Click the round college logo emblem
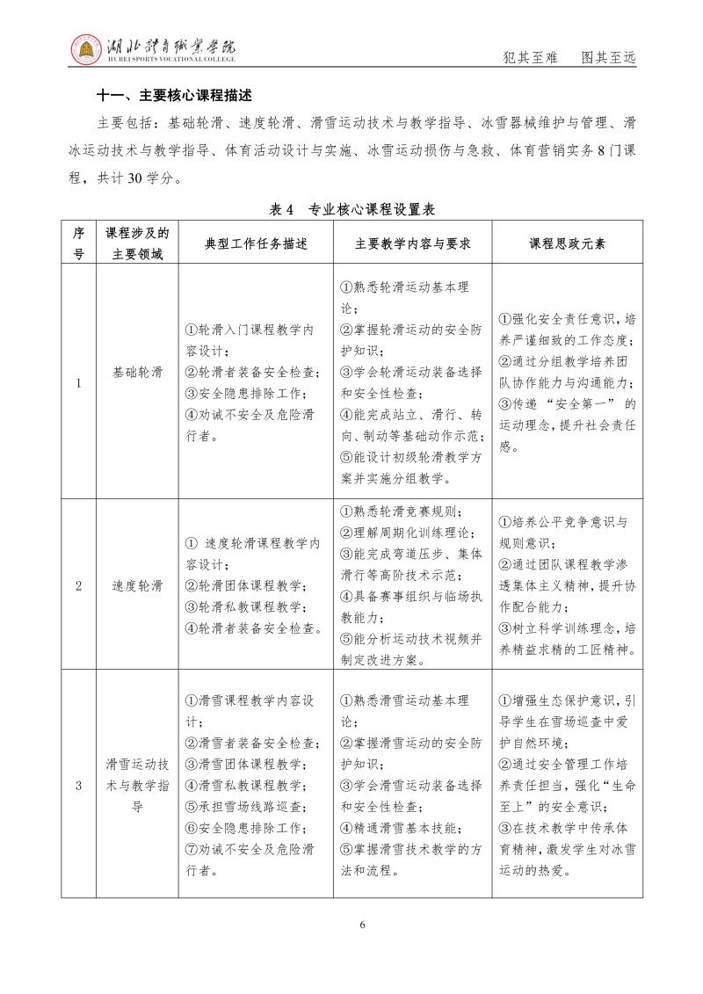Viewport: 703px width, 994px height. (85, 49)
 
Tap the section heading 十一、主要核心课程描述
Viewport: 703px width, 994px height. (173, 94)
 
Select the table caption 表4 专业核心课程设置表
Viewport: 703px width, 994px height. (351, 209)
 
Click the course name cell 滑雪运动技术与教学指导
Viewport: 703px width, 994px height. (137, 786)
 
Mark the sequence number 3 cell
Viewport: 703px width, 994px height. (78, 786)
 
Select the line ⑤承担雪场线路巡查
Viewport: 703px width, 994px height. (245, 807)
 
